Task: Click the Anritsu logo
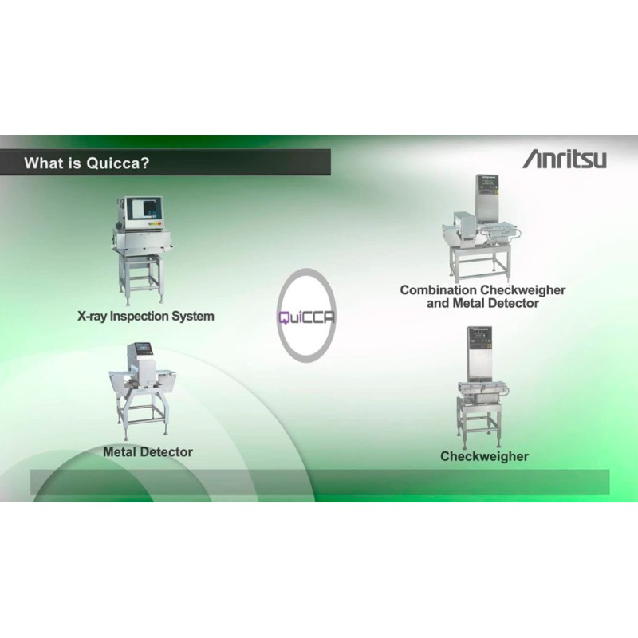pyautogui.click(x=565, y=159)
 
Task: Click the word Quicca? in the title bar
pyautogui.click(x=118, y=163)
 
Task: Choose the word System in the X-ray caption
pyautogui.click(x=192, y=316)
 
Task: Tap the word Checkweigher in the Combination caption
pyautogui.click(x=523, y=290)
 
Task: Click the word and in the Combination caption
pyautogui.click(x=438, y=303)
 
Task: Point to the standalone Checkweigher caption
pyautogui.click(x=484, y=456)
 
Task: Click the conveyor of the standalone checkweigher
pyautogui.click(x=483, y=389)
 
